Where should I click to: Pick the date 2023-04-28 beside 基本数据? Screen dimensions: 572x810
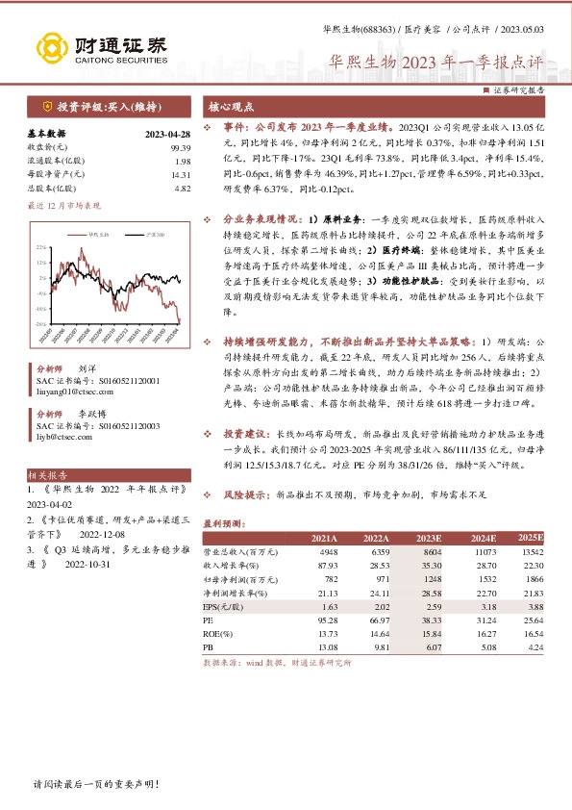tap(168, 134)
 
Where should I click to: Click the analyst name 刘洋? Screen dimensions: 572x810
tap(87, 369)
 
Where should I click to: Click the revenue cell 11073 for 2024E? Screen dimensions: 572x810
tap(484, 553)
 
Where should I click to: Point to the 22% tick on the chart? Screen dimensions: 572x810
tap(41, 248)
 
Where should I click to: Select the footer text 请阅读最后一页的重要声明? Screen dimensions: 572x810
tap(95, 784)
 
